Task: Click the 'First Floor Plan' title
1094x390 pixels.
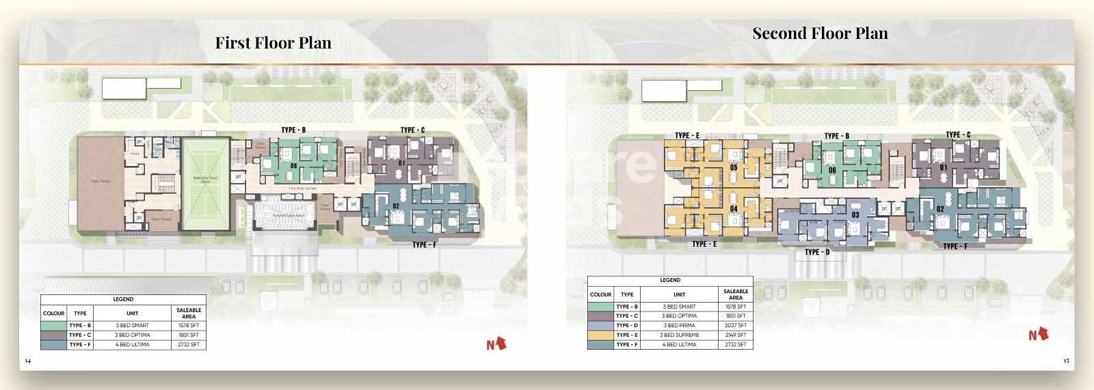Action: tap(273, 43)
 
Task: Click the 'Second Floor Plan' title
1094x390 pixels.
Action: tap(820, 33)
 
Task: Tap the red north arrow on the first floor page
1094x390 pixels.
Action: tap(496, 343)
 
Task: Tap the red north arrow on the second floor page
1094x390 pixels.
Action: tap(1039, 334)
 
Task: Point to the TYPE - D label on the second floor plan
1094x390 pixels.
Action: tap(817, 252)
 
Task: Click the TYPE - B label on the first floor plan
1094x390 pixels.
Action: tap(293, 130)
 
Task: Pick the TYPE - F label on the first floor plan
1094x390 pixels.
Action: tap(424, 245)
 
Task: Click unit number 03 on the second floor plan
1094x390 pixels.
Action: tap(855, 215)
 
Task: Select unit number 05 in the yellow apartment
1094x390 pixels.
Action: tap(734, 167)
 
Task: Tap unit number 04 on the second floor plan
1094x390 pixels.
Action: tap(734, 209)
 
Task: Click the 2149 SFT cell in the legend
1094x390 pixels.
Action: tap(736, 335)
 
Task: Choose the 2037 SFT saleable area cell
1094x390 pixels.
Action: tap(736, 326)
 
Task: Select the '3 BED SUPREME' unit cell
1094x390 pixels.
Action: tap(679, 335)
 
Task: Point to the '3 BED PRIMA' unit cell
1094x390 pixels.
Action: tap(679, 326)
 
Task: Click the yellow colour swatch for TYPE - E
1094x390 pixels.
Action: tap(600, 335)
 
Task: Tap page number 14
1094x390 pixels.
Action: tap(27, 361)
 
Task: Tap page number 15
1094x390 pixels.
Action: tap(1066, 361)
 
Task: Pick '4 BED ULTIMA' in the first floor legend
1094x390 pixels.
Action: tap(132, 345)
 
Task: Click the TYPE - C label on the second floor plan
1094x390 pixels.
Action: tap(957, 135)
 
